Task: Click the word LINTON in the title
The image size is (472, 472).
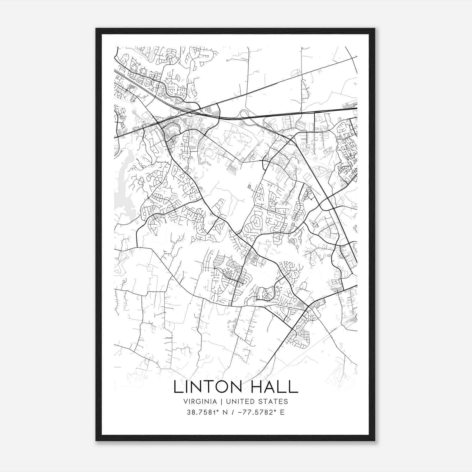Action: (x=208, y=387)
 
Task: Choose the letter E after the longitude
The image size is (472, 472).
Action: (x=282, y=412)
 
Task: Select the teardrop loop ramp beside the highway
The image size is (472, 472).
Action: (x=244, y=113)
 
